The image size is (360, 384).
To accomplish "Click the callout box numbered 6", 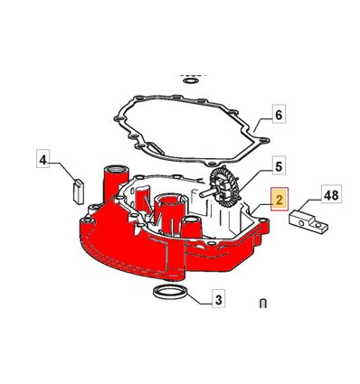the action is click(x=279, y=114).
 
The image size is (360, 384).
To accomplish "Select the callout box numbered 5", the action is click(x=279, y=165).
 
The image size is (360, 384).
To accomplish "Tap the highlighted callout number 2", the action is click(x=279, y=200).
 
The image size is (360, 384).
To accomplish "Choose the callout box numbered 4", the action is click(x=43, y=159).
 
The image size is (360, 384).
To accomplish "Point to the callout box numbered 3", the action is click(x=219, y=298).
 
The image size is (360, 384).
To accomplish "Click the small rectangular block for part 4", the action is click(x=79, y=192).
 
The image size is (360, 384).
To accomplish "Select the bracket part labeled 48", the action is click(x=308, y=220).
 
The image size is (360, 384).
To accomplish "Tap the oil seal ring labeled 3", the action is click(x=170, y=292).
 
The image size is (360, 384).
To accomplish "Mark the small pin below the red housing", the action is click(x=262, y=304).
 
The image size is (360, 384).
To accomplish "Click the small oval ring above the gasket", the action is click(x=191, y=80).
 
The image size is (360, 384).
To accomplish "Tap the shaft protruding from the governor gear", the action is click(x=207, y=193).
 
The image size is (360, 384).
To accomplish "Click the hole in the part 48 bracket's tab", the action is click(x=318, y=224).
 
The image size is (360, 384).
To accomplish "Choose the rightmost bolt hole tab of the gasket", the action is click(x=264, y=140).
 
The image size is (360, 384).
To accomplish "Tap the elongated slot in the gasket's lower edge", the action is click(x=156, y=147).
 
